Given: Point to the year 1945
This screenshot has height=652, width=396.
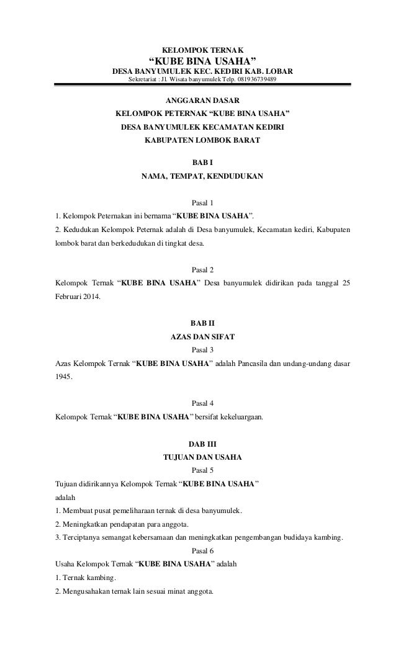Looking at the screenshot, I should pyautogui.click(x=63, y=377).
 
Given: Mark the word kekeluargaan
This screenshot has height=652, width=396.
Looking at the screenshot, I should pyautogui.click(x=238, y=417).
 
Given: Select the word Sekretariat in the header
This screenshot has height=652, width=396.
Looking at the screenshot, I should pyautogui.click(x=143, y=80).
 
